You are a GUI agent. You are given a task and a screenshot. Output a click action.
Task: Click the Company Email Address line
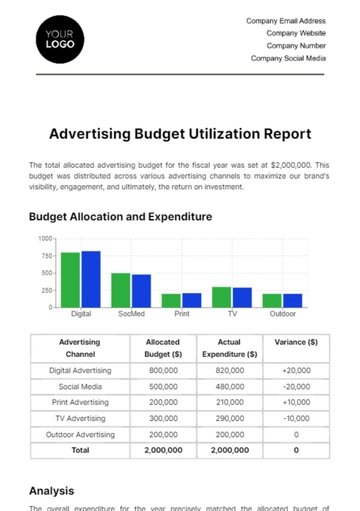(x=285, y=20)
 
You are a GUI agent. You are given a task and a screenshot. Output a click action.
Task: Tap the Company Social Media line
(x=288, y=58)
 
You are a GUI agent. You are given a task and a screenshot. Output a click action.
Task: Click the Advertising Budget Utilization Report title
(x=180, y=133)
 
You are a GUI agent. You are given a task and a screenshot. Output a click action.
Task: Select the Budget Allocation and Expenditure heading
(x=120, y=216)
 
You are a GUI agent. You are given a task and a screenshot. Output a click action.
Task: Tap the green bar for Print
(x=171, y=300)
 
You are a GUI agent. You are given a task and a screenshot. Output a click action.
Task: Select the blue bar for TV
(x=242, y=297)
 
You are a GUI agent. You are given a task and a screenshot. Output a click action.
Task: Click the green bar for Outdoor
(x=272, y=300)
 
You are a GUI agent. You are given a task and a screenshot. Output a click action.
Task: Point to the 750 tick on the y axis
(x=45, y=255)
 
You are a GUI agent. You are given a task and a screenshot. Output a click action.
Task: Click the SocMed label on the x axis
(x=131, y=314)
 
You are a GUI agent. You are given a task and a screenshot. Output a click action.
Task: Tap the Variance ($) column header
(x=295, y=342)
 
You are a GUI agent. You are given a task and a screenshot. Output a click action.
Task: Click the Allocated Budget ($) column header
(x=163, y=347)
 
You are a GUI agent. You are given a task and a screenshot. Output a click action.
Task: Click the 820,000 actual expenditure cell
(x=229, y=370)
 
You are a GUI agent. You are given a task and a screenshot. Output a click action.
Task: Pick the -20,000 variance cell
(x=295, y=386)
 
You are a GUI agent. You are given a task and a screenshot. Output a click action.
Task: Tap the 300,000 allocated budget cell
(x=163, y=418)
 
